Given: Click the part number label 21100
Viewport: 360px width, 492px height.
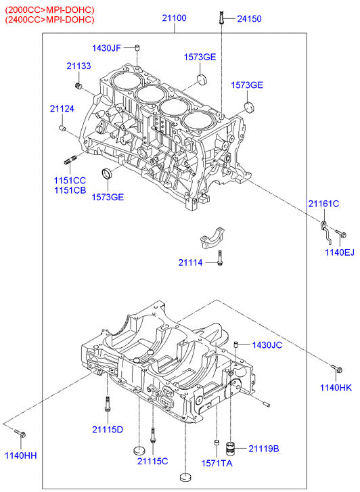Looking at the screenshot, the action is (174, 18).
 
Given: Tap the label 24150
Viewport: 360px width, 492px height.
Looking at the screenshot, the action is (249, 19).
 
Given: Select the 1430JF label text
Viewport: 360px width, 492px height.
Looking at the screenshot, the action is (106, 48).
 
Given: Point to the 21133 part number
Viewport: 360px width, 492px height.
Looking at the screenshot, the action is (78, 66).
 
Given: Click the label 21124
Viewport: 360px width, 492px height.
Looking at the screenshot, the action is (62, 109).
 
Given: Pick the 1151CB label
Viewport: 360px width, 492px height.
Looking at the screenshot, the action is (70, 190).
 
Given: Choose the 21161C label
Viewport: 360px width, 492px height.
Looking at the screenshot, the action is (323, 204).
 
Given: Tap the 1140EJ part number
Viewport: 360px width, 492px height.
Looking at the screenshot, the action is (340, 252).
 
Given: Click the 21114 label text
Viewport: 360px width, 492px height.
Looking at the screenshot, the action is (191, 263).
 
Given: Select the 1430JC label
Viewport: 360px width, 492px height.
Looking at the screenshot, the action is (267, 345).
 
